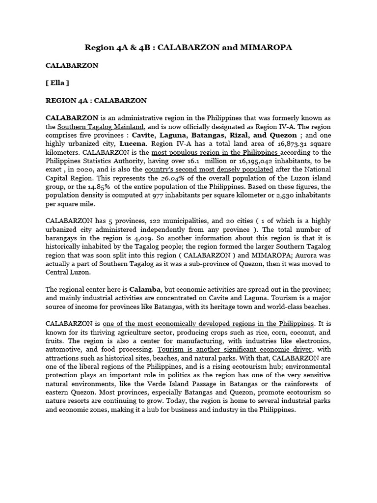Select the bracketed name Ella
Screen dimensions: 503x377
pyautogui.click(x=57, y=83)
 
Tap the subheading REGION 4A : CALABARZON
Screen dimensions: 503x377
pyautogui.click(x=96, y=100)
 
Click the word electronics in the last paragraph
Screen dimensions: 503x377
pyautogui.click(x=311, y=341)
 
